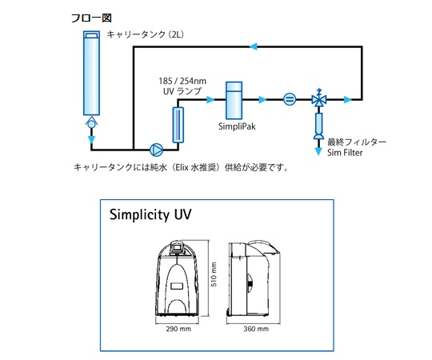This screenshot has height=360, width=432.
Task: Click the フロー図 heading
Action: [x=91, y=18]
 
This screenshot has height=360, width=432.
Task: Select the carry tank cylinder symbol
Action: [x=91, y=73]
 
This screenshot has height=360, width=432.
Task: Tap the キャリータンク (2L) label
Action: [x=145, y=34]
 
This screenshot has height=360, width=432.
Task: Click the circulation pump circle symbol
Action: [x=156, y=150]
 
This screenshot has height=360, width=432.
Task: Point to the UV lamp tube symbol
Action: [x=178, y=125]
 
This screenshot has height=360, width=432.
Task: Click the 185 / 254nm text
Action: [x=182, y=81]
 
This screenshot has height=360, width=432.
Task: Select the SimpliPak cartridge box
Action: [x=234, y=100]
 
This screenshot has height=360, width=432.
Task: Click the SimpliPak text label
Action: [x=237, y=126]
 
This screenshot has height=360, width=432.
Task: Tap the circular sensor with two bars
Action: [x=290, y=99]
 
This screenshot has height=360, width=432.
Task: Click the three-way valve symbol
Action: [x=319, y=98]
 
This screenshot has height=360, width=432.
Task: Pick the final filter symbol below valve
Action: [x=318, y=126]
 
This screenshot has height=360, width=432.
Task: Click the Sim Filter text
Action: [x=345, y=153]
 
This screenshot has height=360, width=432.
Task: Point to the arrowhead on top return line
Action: [x=254, y=46]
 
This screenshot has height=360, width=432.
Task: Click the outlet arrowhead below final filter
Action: [x=318, y=151]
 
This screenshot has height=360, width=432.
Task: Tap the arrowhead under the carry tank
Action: [x=91, y=139]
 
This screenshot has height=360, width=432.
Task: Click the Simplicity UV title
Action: [x=150, y=214]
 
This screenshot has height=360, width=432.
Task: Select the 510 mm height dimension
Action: [x=214, y=274]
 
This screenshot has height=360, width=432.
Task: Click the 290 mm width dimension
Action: [x=178, y=329]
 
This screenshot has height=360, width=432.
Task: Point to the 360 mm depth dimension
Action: [x=256, y=329]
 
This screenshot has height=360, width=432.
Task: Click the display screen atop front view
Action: [x=177, y=246]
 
